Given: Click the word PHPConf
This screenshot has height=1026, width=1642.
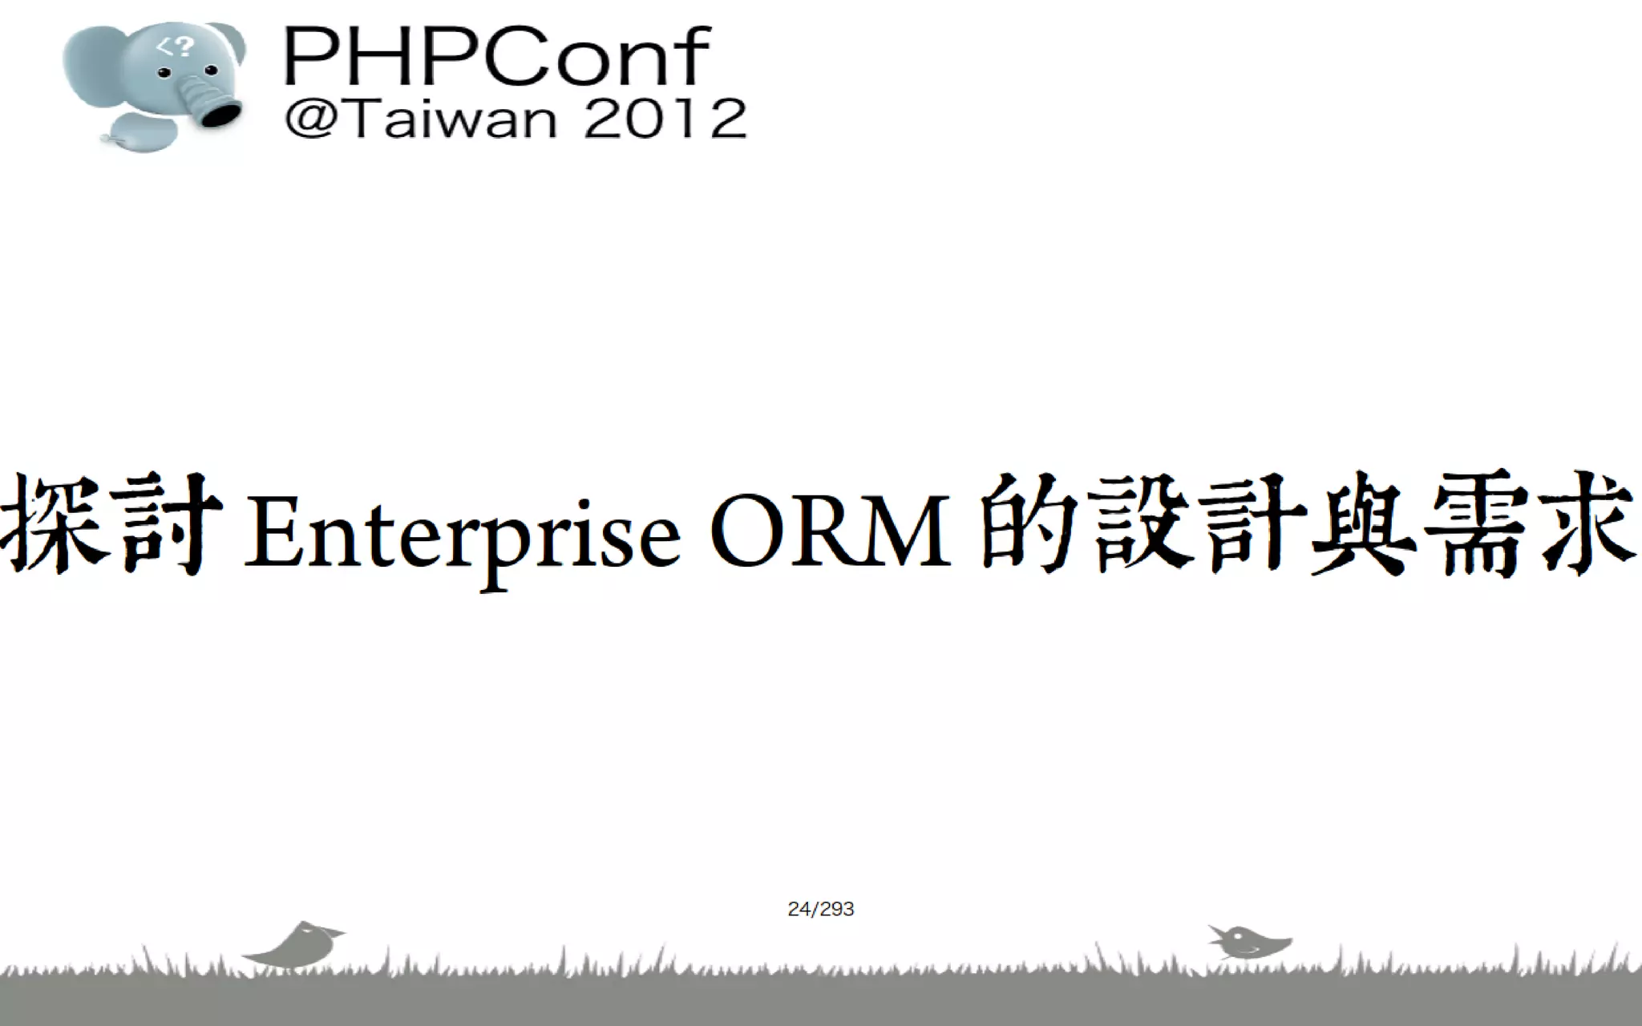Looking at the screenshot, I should (496, 56).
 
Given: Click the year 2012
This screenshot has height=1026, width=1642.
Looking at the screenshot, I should (665, 119).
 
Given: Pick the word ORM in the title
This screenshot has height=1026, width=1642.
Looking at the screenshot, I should (830, 531).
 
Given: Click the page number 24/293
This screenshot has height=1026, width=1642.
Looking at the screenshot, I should (821, 909).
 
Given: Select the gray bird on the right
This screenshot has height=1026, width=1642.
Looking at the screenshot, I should (1248, 941).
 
